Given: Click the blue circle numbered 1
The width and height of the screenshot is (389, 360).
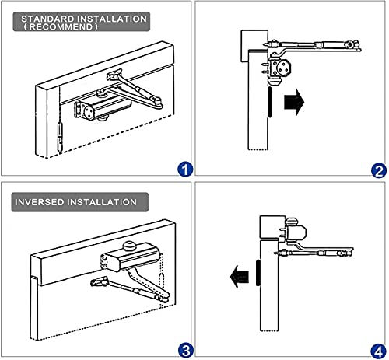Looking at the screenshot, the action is point(185,170).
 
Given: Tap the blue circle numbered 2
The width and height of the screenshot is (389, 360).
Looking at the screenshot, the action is point(379,171).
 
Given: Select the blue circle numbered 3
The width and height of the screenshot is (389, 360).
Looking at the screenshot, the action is point(186,351).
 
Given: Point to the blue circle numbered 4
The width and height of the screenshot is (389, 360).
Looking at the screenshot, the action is point(378,351).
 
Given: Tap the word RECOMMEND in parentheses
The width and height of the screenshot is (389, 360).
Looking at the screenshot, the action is point(61,26).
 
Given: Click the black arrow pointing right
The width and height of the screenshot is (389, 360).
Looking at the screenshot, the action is point(294,102).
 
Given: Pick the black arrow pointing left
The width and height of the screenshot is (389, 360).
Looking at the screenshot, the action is point(240,277).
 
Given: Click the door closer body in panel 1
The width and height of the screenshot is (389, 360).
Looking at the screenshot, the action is point(103,108).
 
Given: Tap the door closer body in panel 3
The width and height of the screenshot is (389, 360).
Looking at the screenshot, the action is point(131,257).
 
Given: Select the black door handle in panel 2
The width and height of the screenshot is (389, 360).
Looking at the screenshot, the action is point(270,102).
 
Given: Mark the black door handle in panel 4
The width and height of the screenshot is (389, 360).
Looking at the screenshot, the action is point(258,273).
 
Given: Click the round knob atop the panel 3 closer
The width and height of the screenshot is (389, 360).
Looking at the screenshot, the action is point(130,246).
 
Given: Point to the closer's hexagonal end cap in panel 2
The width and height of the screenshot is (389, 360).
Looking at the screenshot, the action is point(283,68).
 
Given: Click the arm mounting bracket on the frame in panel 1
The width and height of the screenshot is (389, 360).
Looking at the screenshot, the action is point(114,75).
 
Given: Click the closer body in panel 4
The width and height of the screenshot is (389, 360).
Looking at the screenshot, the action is point(296,231).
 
